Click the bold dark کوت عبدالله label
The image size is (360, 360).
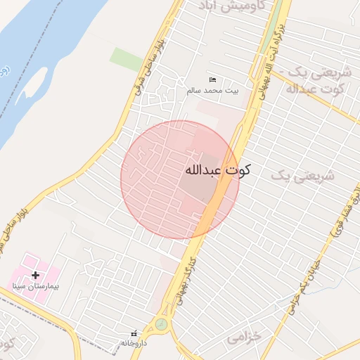click(217, 171)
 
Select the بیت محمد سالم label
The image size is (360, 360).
click(212, 91)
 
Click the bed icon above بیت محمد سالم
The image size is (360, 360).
click(213, 79)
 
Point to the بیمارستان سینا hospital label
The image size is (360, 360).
click(36, 286)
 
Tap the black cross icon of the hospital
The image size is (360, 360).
click(36, 275)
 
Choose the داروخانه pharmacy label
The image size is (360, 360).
click(134, 343)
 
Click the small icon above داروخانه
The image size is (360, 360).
click(134, 333)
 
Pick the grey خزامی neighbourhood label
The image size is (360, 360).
click(244, 337)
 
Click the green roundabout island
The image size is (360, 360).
click(162, 324)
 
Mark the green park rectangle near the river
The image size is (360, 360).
click(127, 59)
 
